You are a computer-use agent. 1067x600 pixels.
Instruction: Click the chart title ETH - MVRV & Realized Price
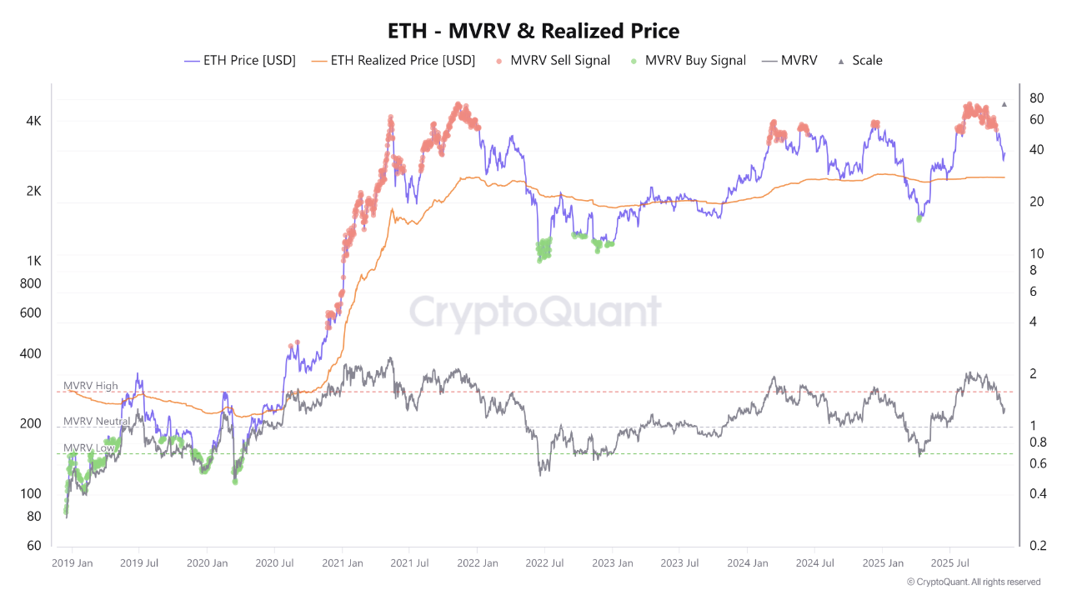pos(533,31)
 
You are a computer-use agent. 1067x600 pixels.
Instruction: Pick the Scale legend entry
pos(859,60)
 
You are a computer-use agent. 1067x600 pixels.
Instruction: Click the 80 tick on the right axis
pos(1037,97)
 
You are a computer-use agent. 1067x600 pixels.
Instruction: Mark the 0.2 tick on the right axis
pos(1038,546)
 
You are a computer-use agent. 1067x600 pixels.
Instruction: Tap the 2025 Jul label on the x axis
pos(949,563)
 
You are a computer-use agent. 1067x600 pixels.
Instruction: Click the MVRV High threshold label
pos(91,386)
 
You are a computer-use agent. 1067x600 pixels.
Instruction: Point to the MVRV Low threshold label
pos(89,448)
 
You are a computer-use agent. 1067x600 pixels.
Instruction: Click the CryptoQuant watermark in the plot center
pos(534,313)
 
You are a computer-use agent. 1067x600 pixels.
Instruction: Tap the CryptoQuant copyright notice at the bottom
pos(973,582)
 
